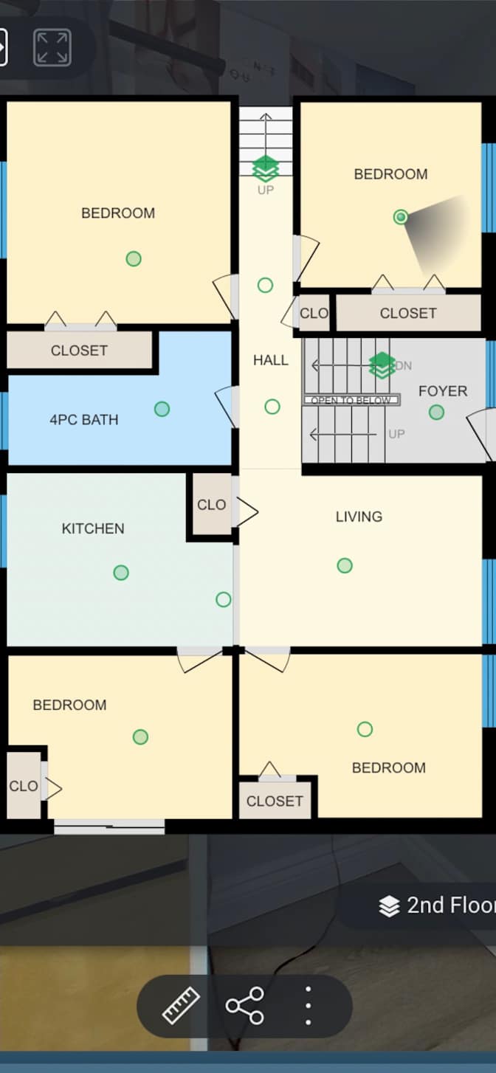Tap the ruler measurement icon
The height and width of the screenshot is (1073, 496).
point(181,1005)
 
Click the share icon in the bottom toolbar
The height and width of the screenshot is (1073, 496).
point(245,1005)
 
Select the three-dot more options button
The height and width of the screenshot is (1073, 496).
point(308,1005)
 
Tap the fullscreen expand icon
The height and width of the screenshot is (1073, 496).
point(52,47)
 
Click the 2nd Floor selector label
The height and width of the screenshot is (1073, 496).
point(450,905)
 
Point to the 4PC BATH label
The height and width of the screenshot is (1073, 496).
point(84,420)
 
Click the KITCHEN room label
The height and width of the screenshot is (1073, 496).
point(93,528)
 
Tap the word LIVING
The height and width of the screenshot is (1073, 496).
point(359,517)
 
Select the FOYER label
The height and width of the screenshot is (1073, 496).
point(443,391)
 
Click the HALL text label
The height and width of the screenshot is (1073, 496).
point(271,359)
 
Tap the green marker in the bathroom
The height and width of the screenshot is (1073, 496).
point(162,409)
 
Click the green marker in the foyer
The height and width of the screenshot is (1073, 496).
point(436,412)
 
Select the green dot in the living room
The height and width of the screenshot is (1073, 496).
point(345,565)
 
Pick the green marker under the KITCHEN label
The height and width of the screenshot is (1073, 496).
point(121,573)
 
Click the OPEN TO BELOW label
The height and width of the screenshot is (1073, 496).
point(352,400)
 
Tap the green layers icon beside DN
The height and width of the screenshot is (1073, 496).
point(382,365)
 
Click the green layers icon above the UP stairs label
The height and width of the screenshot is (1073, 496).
point(266,168)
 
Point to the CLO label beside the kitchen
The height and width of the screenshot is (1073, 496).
point(211,505)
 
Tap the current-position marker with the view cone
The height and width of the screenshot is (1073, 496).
point(401,217)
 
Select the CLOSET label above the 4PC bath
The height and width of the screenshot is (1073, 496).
point(79,350)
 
